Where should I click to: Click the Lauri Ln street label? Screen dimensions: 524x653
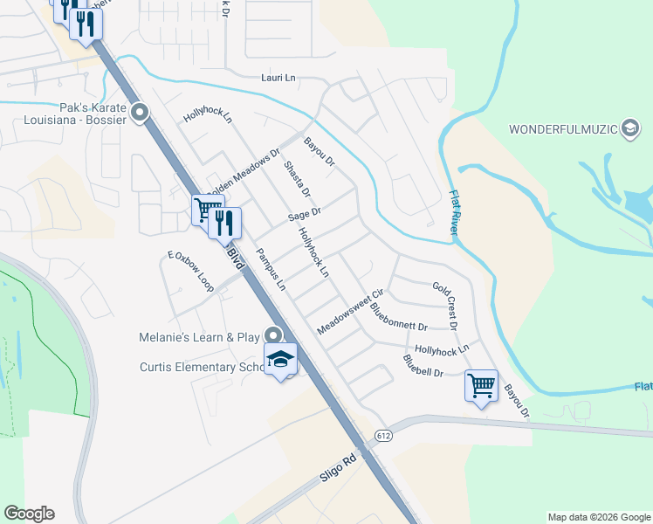click(278, 78)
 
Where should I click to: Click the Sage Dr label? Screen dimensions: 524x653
click(305, 212)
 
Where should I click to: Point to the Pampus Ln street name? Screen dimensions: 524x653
click(270, 269)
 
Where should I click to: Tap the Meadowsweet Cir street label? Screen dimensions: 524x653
click(350, 312)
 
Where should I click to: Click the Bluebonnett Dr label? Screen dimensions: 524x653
click(397, 319)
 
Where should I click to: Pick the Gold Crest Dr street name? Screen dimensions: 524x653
click(445, 305)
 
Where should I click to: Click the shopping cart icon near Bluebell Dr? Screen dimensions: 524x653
click(482, 384)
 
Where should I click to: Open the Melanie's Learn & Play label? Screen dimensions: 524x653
click(200, 336)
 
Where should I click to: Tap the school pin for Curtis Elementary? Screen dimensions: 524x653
click(280, 359)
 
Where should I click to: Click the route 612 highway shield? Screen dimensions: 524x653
click(386, 435)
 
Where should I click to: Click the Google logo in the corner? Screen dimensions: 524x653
click(29, 514)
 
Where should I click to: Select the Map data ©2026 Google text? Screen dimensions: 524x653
click(598, 517)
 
